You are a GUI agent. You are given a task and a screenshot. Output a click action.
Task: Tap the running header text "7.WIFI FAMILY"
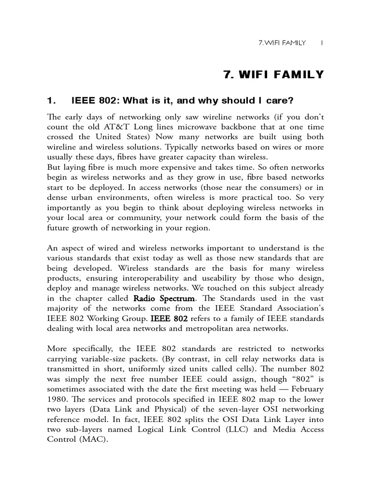coord(283,43)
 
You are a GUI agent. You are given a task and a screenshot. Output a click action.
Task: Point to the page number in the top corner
coord(322,43)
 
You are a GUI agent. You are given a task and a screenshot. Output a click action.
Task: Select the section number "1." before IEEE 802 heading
coord(52,101)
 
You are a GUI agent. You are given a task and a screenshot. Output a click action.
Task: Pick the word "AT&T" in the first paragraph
coord(122,126)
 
